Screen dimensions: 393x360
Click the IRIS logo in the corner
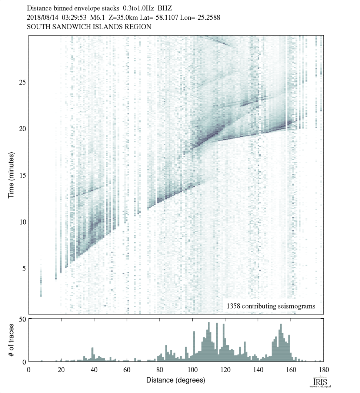pyautogui.click(x=318, y=382)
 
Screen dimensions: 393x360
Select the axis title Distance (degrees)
pyautogui.click(x=176, y=380)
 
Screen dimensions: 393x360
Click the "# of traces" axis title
pyautogui.click(x=11, y=340)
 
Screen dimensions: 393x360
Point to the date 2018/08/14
pyautogui.click(x=41, y=17)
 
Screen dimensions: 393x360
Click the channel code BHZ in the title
pyautogui.click(x=165, y=7)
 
